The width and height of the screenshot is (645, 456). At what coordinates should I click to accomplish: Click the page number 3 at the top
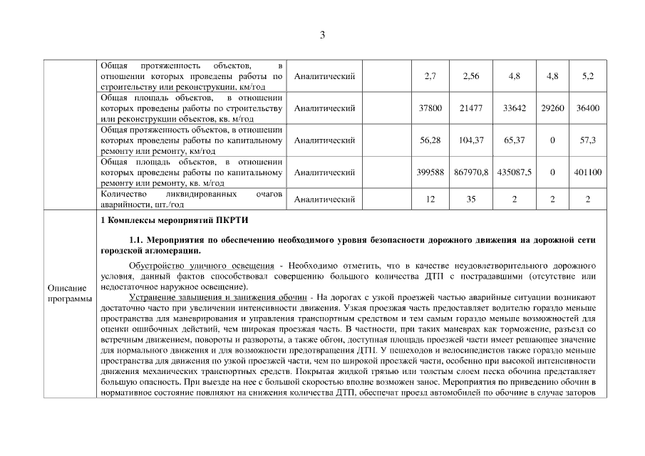(x=322, y=35)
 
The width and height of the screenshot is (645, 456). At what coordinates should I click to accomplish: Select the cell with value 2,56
(x=471, y=76)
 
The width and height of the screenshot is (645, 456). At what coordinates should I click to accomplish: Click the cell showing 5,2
(x=587, y=76)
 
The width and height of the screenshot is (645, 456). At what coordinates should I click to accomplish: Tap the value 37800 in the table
(x=430, y=108)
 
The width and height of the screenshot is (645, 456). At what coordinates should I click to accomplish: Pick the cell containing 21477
(x=471, y=108)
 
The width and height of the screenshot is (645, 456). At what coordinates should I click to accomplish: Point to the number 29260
(x=552, y=108)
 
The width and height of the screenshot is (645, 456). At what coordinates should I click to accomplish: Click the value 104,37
(x=471, y=140)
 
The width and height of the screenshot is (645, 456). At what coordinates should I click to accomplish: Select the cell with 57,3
(x=587, y=140)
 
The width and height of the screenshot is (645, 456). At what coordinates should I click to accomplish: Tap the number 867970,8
(x=471, y=172)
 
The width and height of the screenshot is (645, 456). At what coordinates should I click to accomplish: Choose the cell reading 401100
(x=587, y=172)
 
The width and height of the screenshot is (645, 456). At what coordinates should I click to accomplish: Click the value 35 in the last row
(x=471, y=199)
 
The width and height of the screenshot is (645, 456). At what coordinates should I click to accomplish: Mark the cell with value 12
(x=430, y=199)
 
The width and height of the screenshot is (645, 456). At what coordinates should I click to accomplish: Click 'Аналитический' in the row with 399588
(x=324, y=172)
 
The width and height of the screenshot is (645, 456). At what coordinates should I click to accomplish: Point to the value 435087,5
(x=514, y=172)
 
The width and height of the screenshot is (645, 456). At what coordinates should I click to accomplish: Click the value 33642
(x=514, y=108)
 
